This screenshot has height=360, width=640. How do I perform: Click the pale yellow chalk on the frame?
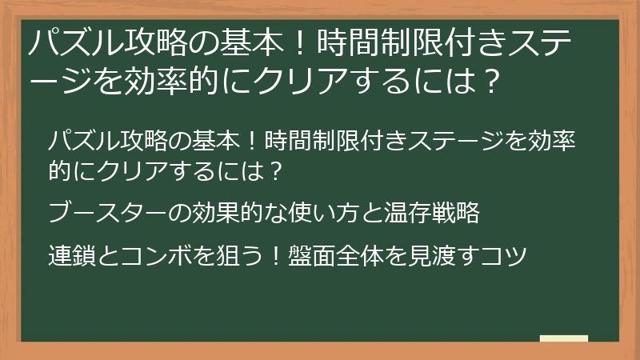click(564, 338)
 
